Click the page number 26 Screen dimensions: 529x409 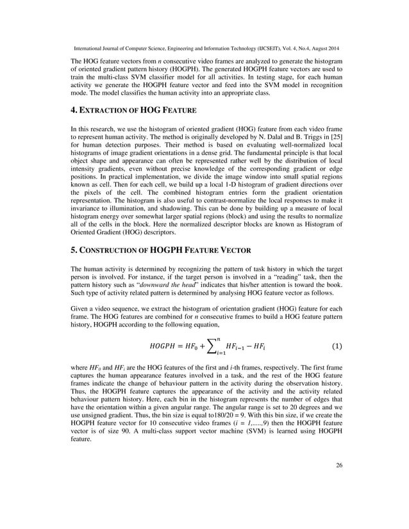pyautogui.click(x=338, y=501)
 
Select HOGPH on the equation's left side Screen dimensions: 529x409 pyautogui.click(x=163, y=347)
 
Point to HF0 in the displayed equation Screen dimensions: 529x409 pyautogui.click(x=194, y=347)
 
